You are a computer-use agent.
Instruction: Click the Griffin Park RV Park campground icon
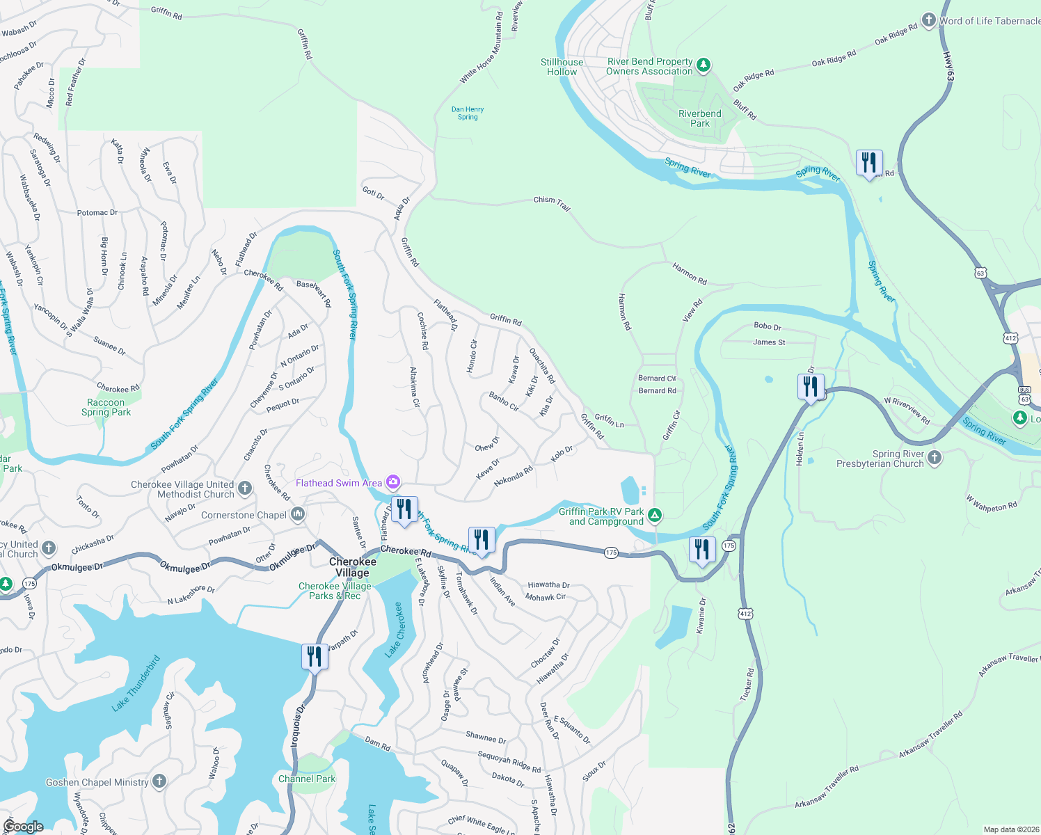(x=654, y=516)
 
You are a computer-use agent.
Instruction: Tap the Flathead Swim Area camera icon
(x=393, y=482)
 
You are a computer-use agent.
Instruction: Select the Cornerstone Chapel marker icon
(x=298, y=515)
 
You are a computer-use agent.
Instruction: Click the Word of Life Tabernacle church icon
(x=928, y=21)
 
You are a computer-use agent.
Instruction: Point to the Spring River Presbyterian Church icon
(x=935, y=458)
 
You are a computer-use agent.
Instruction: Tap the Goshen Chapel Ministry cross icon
(x=159, y=781)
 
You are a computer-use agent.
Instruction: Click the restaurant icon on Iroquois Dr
(x=315, y=655)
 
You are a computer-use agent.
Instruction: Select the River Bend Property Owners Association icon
(x=704, y=65)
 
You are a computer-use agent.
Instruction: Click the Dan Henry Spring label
(x=468, y=113)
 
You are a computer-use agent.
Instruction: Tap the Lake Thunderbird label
(x=136, y=683)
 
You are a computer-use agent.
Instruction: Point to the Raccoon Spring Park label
(x=106, y=407)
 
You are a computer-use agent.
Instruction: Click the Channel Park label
(x=307, y=779)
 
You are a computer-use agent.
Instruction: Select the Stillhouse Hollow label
(x=562, y=67)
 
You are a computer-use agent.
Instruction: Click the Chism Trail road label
(x=552, y=202)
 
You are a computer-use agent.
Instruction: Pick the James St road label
(x=769, y=342)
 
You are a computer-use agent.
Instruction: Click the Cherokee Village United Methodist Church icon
(x=245, y=488)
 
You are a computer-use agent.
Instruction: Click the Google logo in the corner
(x=23, y=826)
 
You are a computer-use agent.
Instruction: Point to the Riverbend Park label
(x=699, y=118)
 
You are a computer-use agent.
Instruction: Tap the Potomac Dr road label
(x=97, y=212)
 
